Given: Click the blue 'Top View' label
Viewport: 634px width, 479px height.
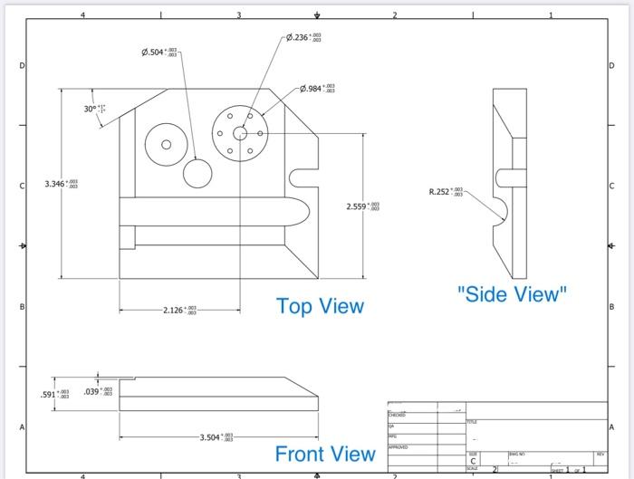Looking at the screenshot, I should pyautogui.click(x=320, y=306).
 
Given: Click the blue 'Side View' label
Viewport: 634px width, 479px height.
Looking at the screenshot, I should pyautogui.click(x=512, y=293).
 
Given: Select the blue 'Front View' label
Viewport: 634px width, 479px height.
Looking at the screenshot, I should pyautogui.click(x=325, y=454).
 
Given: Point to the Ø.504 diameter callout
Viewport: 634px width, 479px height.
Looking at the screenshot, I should pyautogui.click(x=159, y=53).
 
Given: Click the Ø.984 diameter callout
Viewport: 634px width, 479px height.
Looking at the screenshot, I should pyautogui.click(x=318, y=89).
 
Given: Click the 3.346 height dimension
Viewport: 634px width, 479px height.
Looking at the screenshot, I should pyautogui.click(x=62, y=184).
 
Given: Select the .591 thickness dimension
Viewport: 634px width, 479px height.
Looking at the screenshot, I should pyautogui.click(x=53, y=395).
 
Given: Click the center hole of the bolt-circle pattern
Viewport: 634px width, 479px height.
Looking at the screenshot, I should pyautogui.click(x=240, y=133).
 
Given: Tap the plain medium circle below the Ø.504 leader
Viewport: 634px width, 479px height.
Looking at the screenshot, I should pyautogui.click(x=197, y=172).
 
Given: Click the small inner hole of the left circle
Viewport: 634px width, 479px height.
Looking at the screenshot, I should pyautogui.click(x=166, y=144).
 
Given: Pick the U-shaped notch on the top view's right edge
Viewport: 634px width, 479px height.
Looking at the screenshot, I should pyautogui.click(x=303, y=173).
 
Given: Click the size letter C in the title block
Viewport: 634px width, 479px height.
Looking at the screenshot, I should pyautogui.click(x=474, y=461).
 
